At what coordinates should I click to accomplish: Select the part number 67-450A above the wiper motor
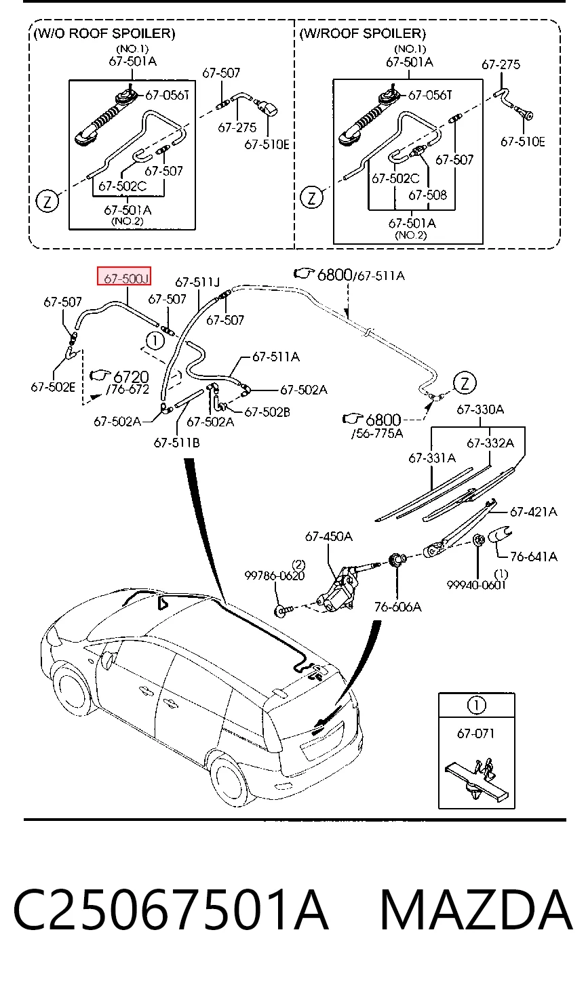pyautogui.click(x=328, y=536)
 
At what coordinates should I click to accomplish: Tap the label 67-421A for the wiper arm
pyautogui.click(x=534, y=512)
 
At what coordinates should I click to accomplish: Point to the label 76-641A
pyautogui.click(x=534, y=557)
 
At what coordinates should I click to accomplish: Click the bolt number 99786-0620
pyautogui.click(x=274, y=576)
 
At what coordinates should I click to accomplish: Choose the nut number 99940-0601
pyautogui.click(x=476, y=585)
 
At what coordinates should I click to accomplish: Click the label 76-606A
pyautogui.click(x=397, y=607)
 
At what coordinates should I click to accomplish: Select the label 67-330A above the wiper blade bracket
pyautogui.click(x=480, y=409)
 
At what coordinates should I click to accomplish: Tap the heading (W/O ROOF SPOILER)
pyautogui.click(x=104, y=33)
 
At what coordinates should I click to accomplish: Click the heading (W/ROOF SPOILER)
pyautogui.click(x=362, y=33)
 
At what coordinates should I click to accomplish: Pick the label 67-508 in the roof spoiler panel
pyautogui.click(x=427, y=195)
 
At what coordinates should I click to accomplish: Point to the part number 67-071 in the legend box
pyautogui.click(x=475, y=733)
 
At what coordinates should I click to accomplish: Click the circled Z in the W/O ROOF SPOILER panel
pyautogui.click(x=47, y=201)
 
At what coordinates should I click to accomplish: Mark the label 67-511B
pyautogui.click(x=176, y=443)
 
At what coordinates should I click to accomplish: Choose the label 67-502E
pyautogui.click(x=53, y=387)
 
